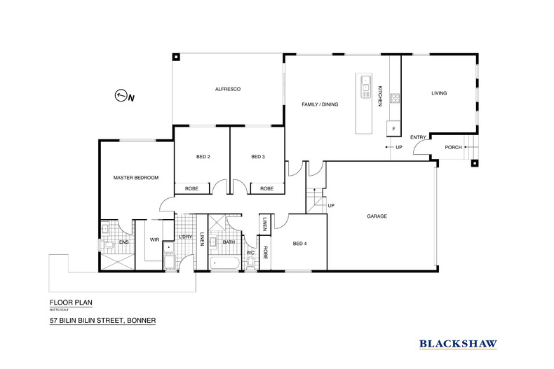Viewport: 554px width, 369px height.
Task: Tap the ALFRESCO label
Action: click(x=228, y=89)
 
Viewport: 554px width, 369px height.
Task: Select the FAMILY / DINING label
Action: click(x=320, y=104)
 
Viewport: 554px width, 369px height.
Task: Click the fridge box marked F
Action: click(x=394, y=130)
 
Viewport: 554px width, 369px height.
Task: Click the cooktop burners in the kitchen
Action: click(x=395, y=98)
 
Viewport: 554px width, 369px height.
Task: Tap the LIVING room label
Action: click(x=439, y=93)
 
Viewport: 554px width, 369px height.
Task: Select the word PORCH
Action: click(x=454, y=147)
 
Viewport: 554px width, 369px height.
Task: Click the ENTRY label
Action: click(x=418, y=137)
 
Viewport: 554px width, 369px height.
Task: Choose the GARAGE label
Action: click(x=377, y=216)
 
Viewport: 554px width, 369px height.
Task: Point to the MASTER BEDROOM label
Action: click(x=136, y=178)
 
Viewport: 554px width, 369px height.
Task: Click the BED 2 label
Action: click(x=202, y=157)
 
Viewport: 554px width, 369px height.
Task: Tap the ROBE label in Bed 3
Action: click(x=266, y=188)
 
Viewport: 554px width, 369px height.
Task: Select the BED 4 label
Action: click(x=299, y=243)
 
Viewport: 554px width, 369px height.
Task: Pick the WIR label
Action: click(x=155, y=240)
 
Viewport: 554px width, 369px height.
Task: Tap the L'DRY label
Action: click(x=185, y=237)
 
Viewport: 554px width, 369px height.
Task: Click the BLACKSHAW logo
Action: click(x=458, y=344)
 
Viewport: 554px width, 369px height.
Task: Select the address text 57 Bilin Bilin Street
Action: click(x=102, y=321)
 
